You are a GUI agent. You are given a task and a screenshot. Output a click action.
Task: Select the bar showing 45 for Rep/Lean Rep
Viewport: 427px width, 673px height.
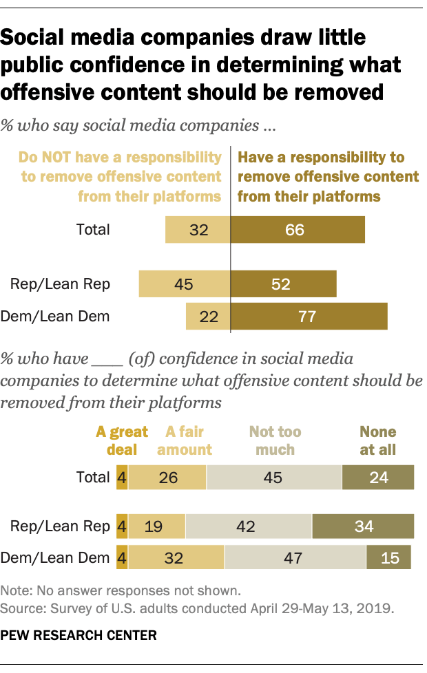click(x=184, y=284)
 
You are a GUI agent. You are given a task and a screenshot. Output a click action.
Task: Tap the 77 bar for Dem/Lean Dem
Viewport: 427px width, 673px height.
click(x=309, y=317)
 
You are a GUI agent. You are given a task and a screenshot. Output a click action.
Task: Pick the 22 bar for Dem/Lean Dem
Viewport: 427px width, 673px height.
click(x=208, y=317)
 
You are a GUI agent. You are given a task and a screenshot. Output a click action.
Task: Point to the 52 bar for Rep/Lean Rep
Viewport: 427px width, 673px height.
click(x=283, y=284)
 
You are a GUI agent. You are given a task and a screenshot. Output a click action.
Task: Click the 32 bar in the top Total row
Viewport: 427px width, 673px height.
click(x=198, y=229)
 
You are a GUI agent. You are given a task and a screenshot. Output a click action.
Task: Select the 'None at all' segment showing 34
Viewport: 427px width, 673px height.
click(x=363, y=526)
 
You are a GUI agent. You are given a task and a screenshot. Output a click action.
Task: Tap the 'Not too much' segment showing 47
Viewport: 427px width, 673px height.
click(x=295, y=557)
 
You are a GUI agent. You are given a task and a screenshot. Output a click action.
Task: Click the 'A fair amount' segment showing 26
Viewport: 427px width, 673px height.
click(x=167, y=477)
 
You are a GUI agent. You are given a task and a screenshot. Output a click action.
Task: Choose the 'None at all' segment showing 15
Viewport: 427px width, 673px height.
click(x=389, y=557)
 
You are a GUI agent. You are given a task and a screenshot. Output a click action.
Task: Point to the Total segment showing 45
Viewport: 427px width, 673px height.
click(x=273, y=477)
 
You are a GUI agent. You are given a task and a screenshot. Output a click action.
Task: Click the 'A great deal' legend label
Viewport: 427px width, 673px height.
click(x=122, y=440)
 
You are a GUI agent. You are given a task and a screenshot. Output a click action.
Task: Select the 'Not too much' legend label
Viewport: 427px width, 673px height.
click(x=275, y=440)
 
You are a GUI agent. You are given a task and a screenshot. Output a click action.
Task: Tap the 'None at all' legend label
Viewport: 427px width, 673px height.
click(x=378, y=440)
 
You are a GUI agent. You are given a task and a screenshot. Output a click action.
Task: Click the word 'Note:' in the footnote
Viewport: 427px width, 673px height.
click(x=17, y=590)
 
